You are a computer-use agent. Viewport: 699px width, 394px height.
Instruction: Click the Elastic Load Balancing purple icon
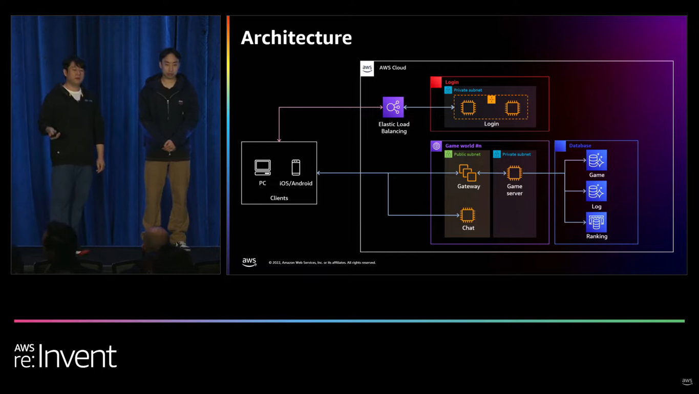(393, 107)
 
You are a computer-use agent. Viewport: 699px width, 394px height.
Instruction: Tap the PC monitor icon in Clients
(263, 167)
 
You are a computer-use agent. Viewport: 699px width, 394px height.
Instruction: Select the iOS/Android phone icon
(295, 168)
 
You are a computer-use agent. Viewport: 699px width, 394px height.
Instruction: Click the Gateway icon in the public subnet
(468, 173)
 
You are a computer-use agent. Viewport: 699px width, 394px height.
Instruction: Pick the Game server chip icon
(514, 173)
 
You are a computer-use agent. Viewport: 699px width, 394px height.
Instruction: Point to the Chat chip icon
(468, 215)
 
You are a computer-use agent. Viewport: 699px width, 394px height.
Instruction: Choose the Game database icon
(596, 161)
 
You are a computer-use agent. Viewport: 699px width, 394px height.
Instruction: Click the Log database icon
(596, 191)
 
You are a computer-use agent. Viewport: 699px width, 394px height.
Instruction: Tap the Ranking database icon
(596, 222)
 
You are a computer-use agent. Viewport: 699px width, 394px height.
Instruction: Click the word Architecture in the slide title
(296, 38)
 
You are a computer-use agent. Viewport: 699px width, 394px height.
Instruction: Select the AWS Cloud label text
(392, 68)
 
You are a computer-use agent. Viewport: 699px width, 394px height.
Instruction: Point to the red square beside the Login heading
(436, 82)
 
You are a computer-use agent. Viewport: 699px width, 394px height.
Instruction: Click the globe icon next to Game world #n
(436, 146)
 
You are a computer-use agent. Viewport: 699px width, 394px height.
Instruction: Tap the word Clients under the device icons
(279, 198)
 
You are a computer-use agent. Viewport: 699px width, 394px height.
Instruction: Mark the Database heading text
(580, 146)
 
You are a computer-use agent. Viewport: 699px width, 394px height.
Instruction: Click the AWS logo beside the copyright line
(249, 262)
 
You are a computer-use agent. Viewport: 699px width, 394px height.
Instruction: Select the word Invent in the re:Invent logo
(78, 356)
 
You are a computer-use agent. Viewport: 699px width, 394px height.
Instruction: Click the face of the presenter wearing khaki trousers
(170, 62)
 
